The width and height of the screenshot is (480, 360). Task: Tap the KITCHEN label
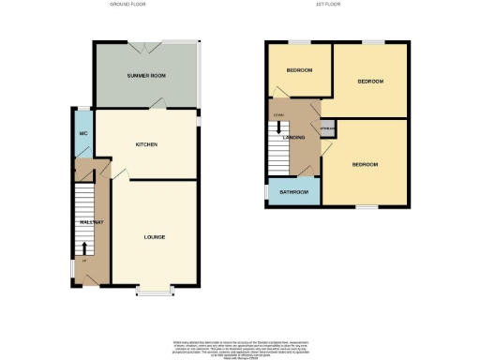click(145, 144)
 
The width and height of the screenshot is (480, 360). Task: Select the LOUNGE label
click(155, 236)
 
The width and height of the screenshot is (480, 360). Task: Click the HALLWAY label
click(91, 221)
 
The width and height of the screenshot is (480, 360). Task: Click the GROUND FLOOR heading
click(128, 5)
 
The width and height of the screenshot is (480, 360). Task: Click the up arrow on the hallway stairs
click(85, 248)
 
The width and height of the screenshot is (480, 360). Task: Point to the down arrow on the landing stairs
click(277, 128)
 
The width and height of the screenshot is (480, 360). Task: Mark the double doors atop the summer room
click(151, 41)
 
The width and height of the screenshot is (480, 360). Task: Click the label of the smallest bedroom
click(299, 70)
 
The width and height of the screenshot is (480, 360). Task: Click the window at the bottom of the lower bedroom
click(367, 206)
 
